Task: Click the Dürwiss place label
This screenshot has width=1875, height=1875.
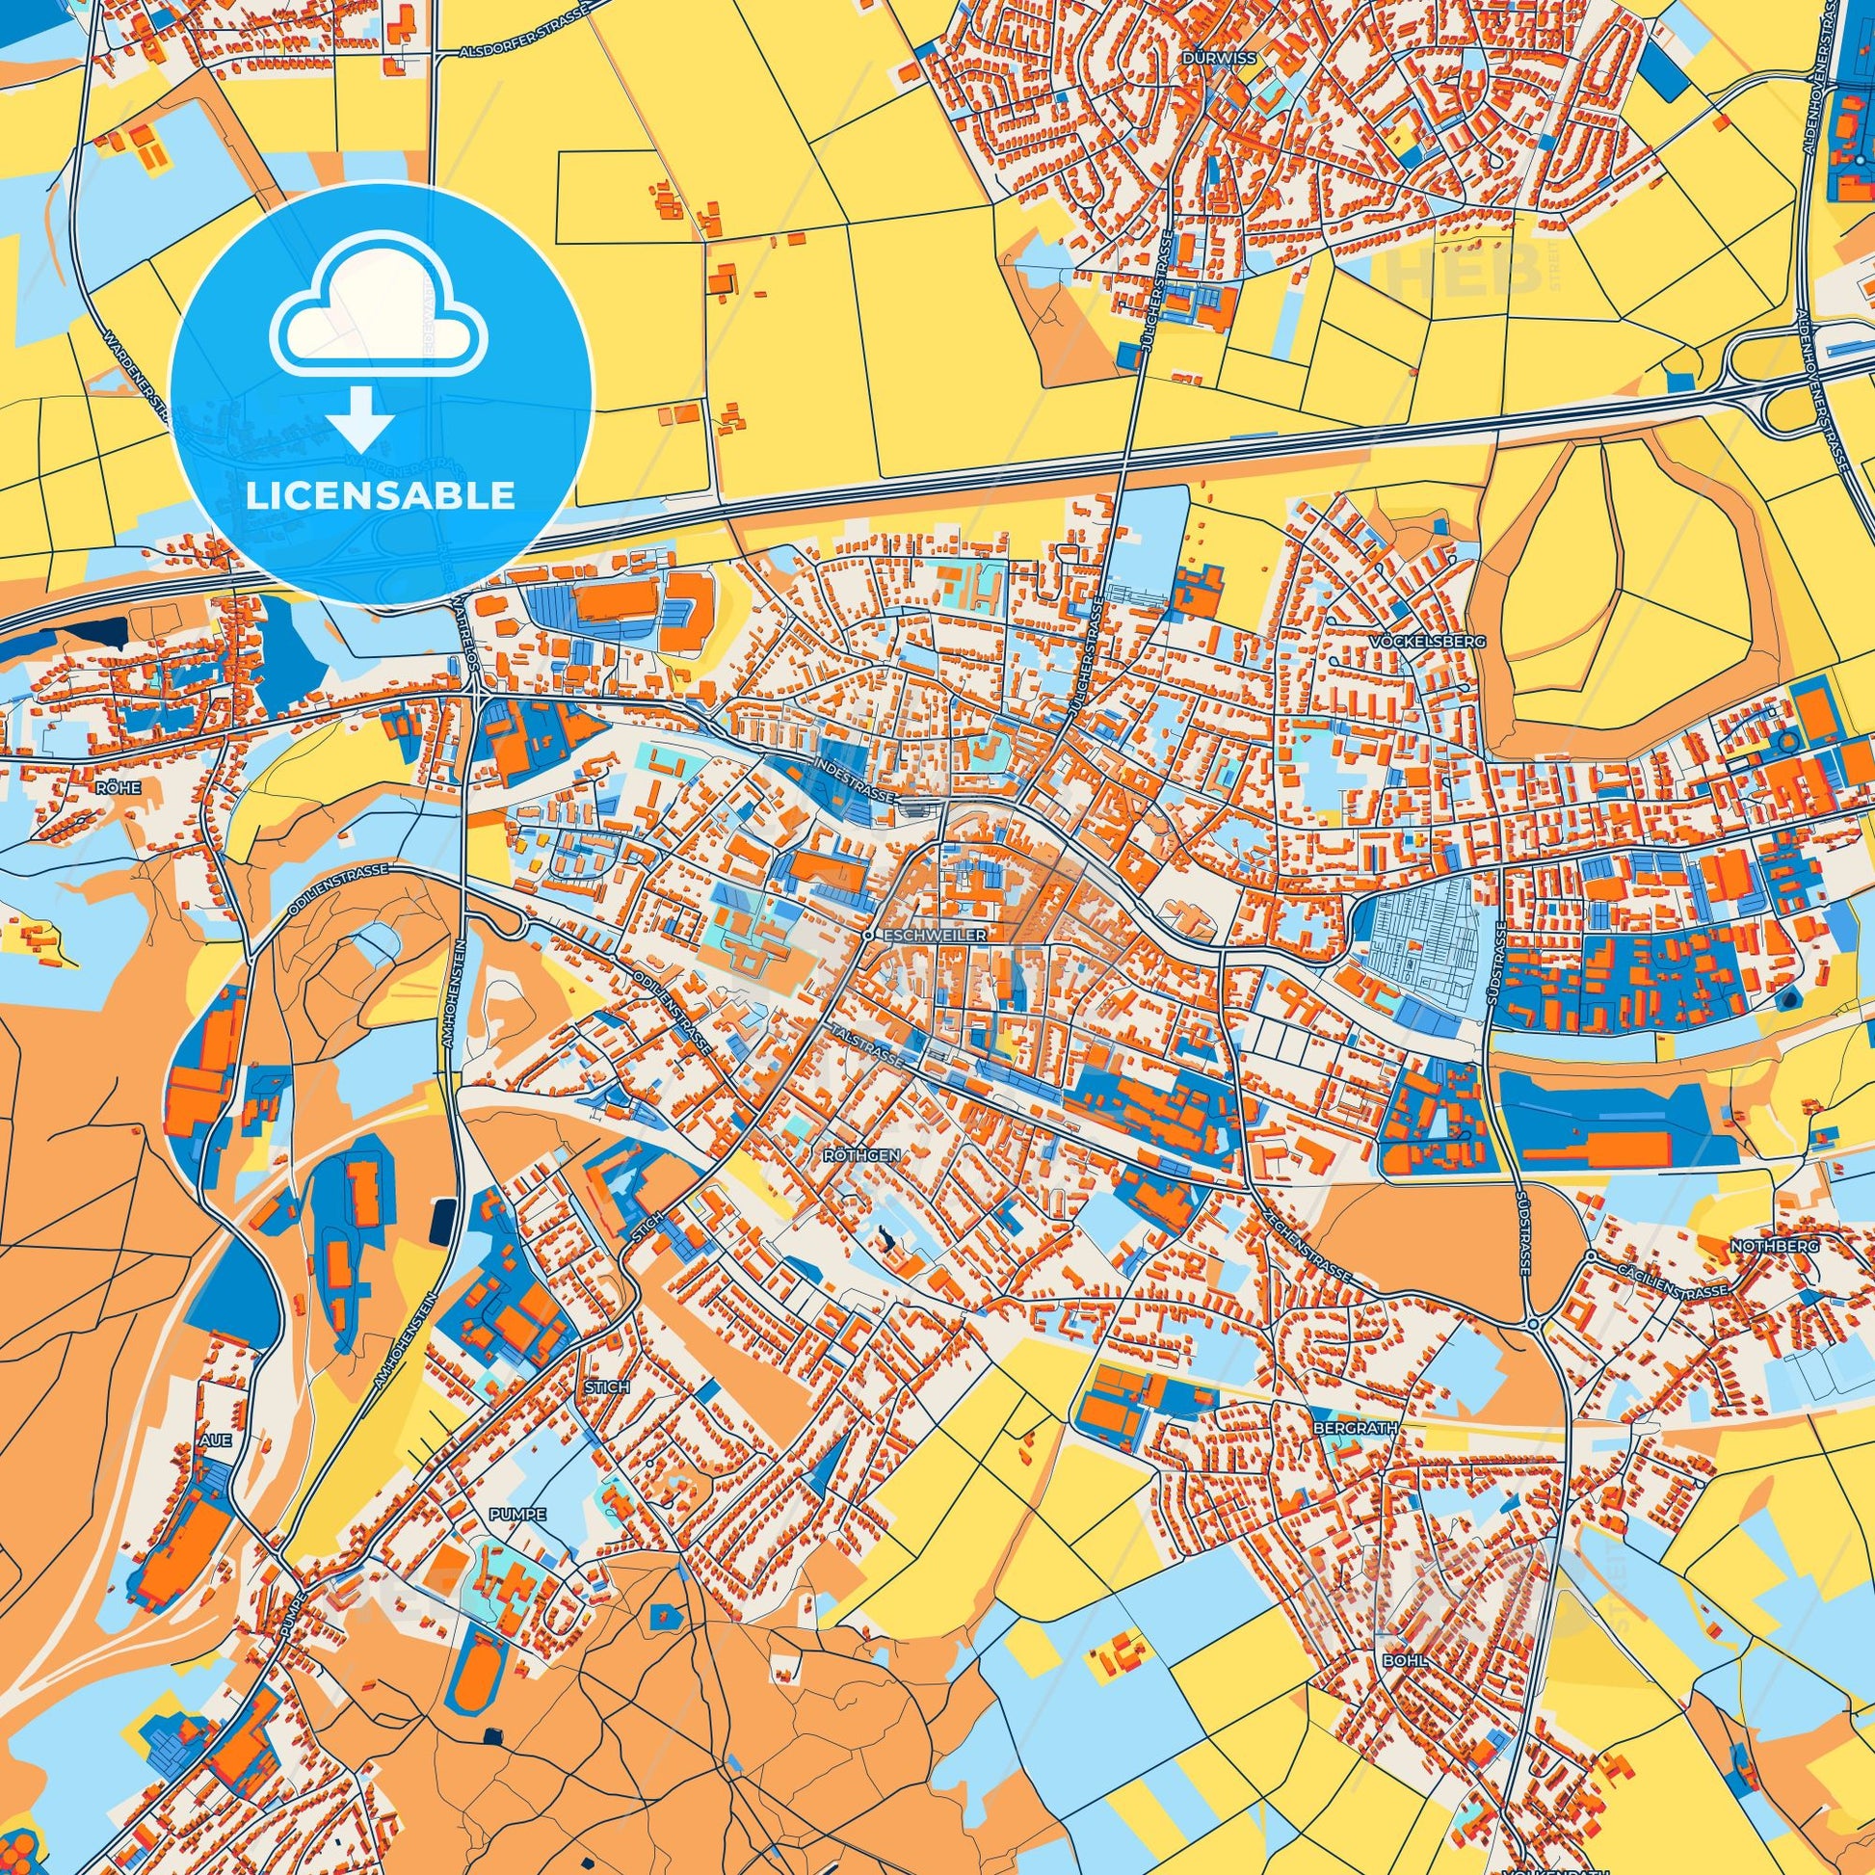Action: click(1220, 58)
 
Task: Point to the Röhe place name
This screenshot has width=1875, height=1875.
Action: click(114, 789)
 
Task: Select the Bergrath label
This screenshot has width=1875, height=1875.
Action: click(1341, 1429)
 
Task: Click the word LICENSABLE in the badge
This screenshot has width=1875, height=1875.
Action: click(380, 496)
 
